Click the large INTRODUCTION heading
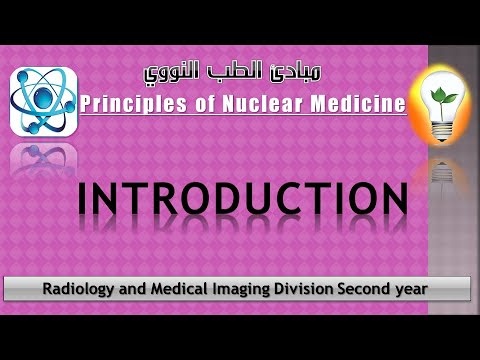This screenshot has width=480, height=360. pos(242,200)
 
